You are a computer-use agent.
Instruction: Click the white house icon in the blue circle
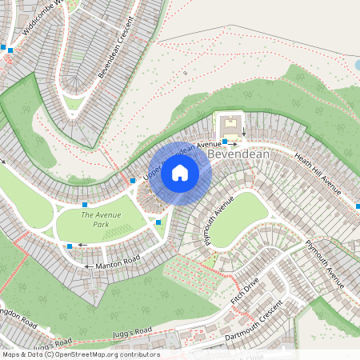click(x=180, y=173)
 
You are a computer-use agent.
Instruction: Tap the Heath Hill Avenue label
click(x=318, y=174)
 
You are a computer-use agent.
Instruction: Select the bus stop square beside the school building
click(x=224, y=142)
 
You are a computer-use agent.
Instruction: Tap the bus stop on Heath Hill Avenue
click(x=357, y=206)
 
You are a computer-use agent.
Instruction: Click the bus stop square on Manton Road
click(x=70, y=246)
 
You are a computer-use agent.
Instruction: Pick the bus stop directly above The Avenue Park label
click(x=85, y=206)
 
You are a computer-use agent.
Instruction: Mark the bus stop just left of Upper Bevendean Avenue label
click(x=133, y=182)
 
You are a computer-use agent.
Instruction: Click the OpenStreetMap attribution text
click(x=80, y=354)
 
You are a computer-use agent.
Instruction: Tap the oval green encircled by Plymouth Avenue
click(x=238, y=218)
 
